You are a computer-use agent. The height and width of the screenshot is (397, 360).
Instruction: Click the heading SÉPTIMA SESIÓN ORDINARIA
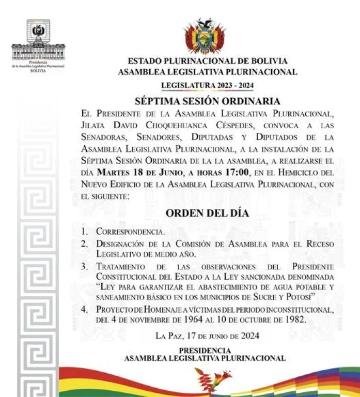[208, 101]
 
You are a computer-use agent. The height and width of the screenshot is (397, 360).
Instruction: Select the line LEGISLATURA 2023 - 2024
[207, 85]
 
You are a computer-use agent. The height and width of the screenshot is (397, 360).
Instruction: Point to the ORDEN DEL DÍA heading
[207, 213]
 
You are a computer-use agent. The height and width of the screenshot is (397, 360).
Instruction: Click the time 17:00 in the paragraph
[236, 172]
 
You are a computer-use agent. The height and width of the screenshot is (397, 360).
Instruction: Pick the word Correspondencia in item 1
[131, 232]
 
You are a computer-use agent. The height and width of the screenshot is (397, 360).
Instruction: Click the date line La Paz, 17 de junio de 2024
[207, 335]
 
